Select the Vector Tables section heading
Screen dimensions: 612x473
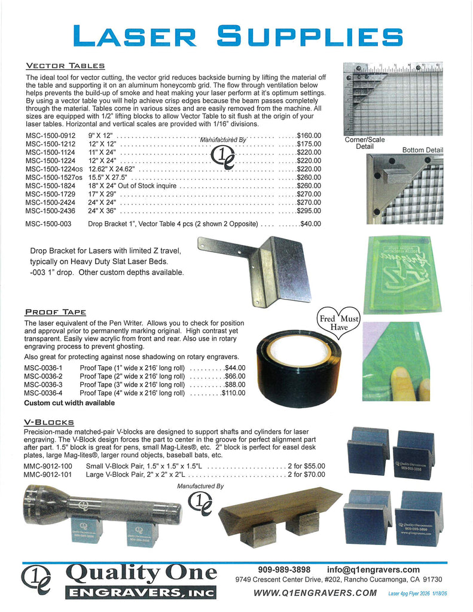tap(65, 66)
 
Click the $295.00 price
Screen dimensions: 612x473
tap(309, 211)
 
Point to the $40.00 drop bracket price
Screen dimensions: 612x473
tap(310, 224)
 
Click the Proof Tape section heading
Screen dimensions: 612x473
tap(56, 312)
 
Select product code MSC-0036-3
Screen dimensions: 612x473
tap(44, 384)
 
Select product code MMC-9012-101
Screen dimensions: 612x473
tap(48, 475)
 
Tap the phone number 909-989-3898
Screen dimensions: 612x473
tap(284, 570)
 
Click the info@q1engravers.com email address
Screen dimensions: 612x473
tap(373, 570)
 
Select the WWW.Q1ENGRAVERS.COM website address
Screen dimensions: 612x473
tap(315, 593)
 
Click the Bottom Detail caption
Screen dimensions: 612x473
tap(422, 149)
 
